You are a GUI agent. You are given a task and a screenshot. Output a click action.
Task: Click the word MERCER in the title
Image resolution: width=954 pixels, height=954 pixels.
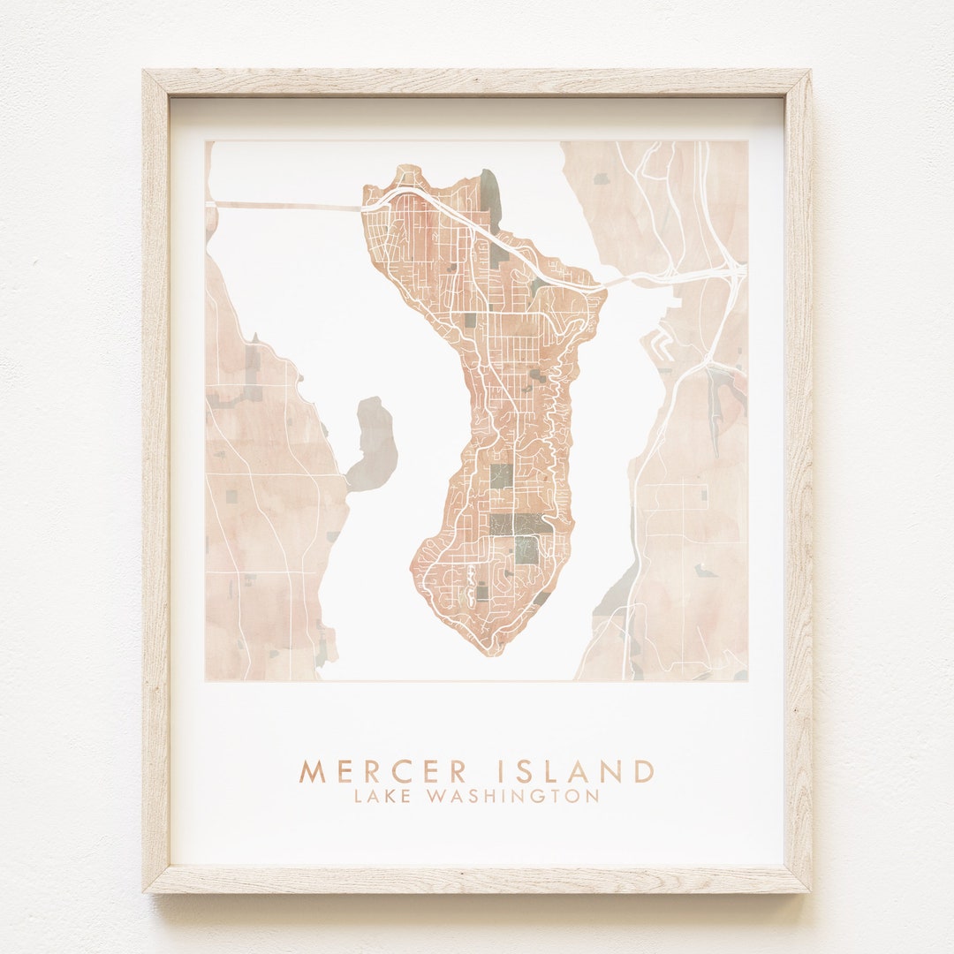(x=383, y=771)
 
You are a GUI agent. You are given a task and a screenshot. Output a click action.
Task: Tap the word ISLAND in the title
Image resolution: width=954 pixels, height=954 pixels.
(x=577, y=771)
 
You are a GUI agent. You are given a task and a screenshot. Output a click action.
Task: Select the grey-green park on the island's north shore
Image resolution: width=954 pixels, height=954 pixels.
(x=490, y=196)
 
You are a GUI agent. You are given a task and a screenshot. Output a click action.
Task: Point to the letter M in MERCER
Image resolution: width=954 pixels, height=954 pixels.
(x=309, y=771)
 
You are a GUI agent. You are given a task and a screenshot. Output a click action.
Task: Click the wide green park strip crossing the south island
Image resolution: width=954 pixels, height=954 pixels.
(x=520, y=524)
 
